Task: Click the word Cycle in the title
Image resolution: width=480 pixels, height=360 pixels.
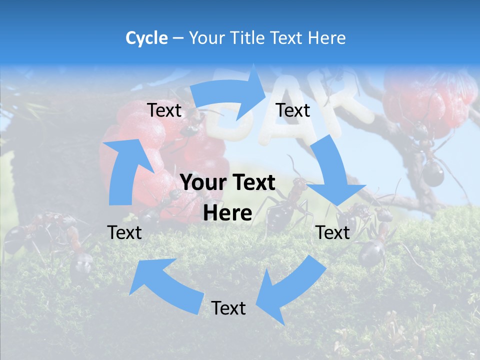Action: [146, 38]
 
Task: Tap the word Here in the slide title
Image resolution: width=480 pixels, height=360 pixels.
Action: [326, 38]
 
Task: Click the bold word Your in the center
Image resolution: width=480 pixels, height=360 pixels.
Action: [203, 182]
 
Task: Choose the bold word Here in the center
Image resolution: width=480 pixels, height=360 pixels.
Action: [227, 213]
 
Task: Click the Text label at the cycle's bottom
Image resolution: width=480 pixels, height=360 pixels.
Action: [228, 308]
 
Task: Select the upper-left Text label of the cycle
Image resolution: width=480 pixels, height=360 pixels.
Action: [164, 110]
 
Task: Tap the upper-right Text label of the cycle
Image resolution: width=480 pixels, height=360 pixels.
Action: [293, 110]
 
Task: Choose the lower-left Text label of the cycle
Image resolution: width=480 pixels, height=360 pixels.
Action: [124, 232]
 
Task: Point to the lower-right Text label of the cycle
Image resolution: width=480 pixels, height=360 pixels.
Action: [333, 232]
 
